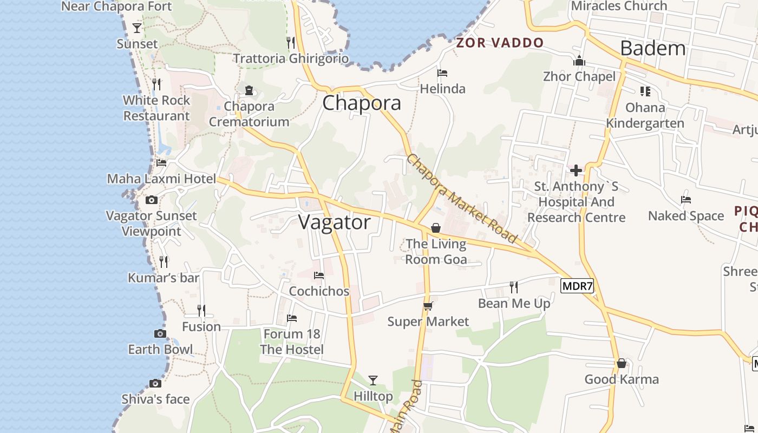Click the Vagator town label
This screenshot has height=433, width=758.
[335, 222]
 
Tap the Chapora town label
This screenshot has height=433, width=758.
[362, 103]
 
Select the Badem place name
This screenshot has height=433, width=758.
[652, 48]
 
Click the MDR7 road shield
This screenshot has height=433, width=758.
[577, 286]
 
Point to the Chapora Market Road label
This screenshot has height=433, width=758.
[461, 199]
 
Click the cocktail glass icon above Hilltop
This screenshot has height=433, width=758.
[373, 380]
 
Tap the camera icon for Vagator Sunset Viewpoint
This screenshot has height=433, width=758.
[152, 200]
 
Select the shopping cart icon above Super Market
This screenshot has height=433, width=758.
[428, 306]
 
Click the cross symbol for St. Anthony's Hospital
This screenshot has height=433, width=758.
[576, 171]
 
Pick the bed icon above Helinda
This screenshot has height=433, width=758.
[442, 73]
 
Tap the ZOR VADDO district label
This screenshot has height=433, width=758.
[500, 43]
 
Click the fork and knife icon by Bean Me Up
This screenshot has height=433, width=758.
[514, 287]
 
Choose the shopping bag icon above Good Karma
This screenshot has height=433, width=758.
[622, 363]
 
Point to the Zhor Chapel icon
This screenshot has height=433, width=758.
[579, 61]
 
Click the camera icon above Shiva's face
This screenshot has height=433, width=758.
[155, 383]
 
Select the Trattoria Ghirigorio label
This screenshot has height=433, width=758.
[291, 58]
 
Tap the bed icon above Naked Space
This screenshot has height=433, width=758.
[686, 200]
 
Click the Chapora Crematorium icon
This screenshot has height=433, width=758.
[249, 90]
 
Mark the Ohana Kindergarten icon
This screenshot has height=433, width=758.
[645, 91]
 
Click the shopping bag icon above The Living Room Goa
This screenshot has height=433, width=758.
[436, 228]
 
